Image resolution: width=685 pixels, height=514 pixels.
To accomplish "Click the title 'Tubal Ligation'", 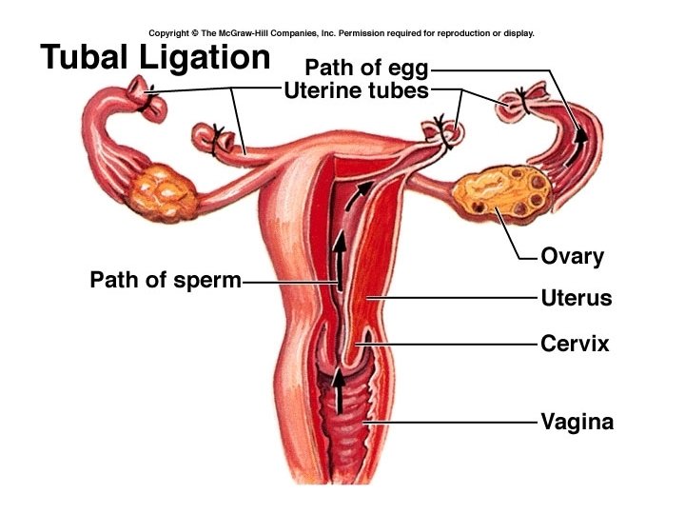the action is pos(155,57).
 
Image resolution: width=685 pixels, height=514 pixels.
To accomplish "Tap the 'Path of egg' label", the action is pos(366,69).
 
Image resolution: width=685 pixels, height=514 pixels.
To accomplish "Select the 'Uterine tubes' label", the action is pos(356,91).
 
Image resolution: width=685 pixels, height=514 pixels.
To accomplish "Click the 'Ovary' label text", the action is pos(572,256).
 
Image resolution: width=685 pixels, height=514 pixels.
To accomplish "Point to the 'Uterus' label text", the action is pos(576,298).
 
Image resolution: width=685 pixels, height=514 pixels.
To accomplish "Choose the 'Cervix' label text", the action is pos(574,343).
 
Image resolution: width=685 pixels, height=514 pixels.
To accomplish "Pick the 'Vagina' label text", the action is pos(577,421).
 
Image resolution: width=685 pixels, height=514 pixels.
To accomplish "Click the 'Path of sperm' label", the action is pos(165,281).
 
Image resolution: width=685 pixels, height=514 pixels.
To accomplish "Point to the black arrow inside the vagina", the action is pos(337,390).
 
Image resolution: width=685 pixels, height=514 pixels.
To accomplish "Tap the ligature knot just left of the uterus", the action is pos(217,139).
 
